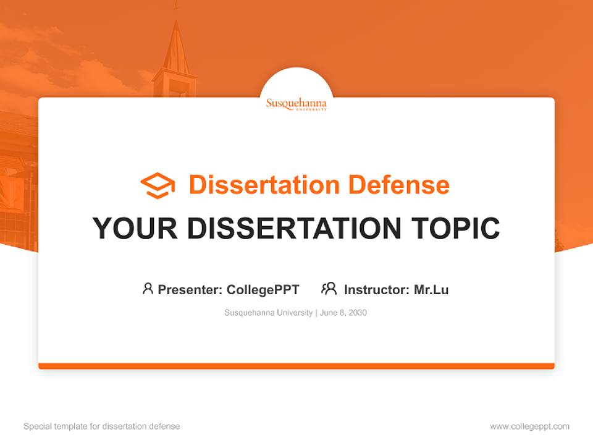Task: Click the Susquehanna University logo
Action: tap(296, 103)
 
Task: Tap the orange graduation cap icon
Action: tap(158, 185)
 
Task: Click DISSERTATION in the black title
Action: tap(296, 229)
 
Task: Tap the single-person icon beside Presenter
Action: tap(148, 289)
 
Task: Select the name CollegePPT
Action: tap(263, 289)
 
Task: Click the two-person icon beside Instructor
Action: tap(329, 289)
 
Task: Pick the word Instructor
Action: tap(376, 289)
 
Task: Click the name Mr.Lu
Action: tap(431, 289)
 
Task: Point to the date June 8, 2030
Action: tap(343, 313)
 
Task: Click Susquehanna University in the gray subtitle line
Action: tap(269, 313)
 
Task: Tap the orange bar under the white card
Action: tap(296, 366)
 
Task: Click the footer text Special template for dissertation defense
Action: tap(102, 426)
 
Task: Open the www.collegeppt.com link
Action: tap(529, 426)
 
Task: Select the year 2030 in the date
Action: tap(358, 313)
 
